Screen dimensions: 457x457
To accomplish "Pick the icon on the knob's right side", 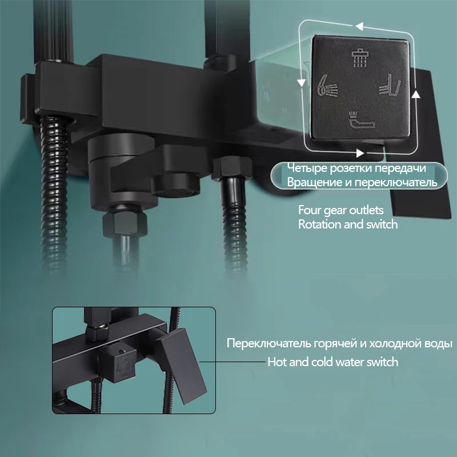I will pos(390,85).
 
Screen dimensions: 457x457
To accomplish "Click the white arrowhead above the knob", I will pos(358,26).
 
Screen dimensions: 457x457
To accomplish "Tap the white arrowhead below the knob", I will pos(359,153).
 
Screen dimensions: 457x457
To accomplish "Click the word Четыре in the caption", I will pos(305,168).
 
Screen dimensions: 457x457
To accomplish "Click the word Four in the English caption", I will pos(310,210).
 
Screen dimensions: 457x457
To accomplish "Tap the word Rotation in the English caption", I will pos(319,224).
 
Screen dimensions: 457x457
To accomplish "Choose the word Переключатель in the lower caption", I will pos(263,344).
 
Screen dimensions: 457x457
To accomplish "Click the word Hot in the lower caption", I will pos(278,362).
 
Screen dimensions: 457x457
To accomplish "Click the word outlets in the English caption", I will pos(363,210).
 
